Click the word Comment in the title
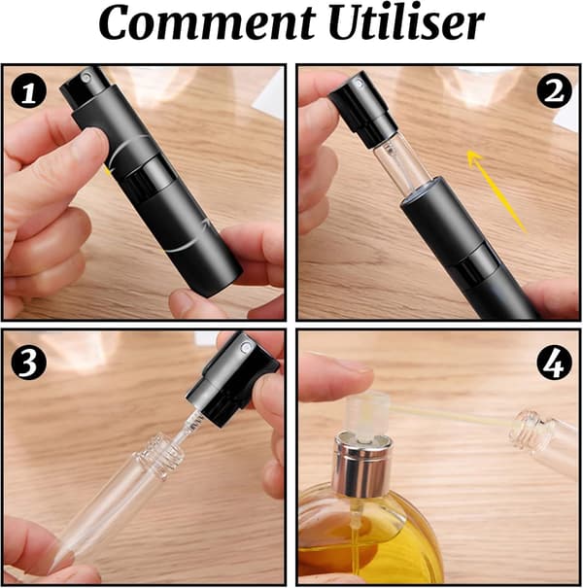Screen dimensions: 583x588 (x=207, y=23)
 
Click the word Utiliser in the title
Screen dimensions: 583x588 (x=407, y=22)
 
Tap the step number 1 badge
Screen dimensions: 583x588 (x=29, y=91)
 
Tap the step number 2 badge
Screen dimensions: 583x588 (x=555, y=91)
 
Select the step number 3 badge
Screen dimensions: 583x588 (x=29, y=363)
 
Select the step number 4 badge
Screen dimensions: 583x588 (x=555, y=363)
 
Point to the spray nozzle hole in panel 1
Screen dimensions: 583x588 (x=87, y=78)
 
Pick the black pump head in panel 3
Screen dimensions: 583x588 (x=232, y=379)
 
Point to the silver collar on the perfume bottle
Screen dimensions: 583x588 (x=361, y=465)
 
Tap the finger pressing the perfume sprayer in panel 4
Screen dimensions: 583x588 (x=335, y=376)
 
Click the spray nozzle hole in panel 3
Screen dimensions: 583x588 (x=246, y=347)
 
